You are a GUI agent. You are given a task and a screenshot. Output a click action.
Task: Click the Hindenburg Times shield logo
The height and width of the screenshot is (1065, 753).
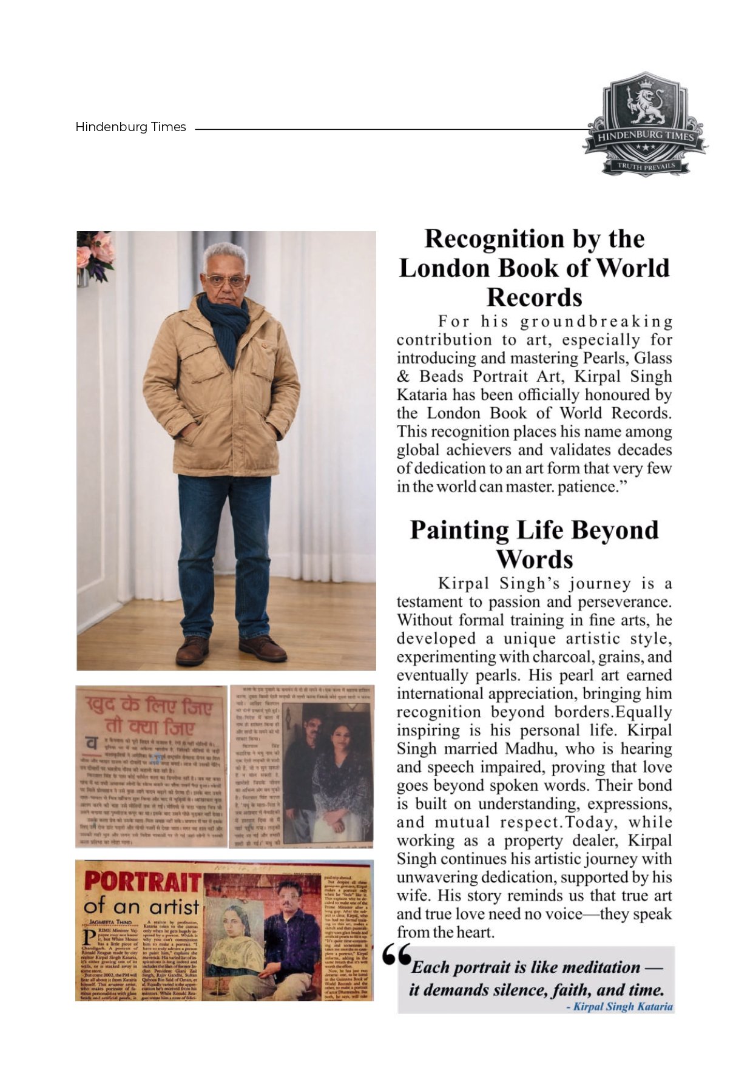645,125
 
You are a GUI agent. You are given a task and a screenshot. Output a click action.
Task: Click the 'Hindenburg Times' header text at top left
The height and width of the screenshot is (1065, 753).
130,127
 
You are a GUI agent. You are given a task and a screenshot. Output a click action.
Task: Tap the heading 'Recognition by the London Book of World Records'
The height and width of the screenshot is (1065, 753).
534,268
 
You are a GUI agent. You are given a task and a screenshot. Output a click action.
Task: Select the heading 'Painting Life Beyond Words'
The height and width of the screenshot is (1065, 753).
534,544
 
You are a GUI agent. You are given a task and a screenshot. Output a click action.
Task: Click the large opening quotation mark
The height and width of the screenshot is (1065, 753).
397,956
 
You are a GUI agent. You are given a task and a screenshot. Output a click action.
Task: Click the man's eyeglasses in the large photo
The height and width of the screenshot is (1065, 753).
226,281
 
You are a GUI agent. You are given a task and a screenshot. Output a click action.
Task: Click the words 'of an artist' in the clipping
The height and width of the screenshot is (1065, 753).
141,907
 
